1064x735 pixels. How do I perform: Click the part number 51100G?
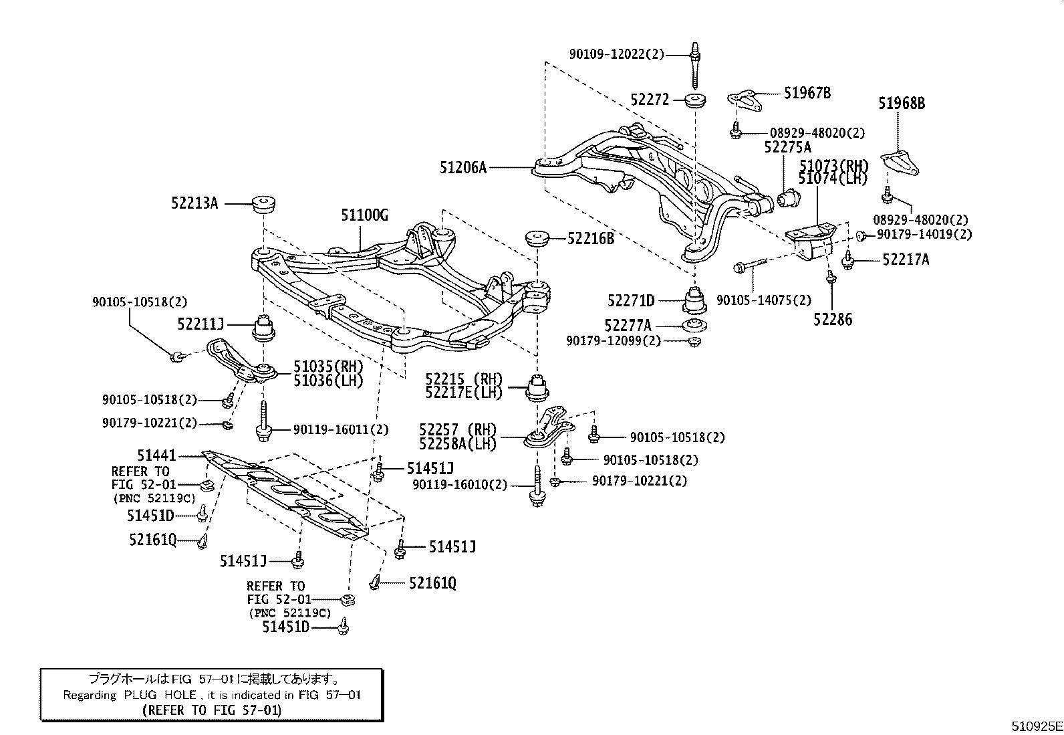[x=365, y=215]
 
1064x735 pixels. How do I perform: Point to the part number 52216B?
[x=591, y=237]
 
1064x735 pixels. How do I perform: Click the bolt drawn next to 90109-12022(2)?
[x=695, y=67]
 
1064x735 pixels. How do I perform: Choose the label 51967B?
[x=807, y=94]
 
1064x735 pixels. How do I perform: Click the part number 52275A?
[x=787, y=147]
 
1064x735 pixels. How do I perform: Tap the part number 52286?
[x=833, y=320]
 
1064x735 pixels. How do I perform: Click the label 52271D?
[x=631, y=301]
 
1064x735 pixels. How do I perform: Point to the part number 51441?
[x=156, y=455]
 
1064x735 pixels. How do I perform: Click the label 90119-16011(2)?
[x=341, y=430]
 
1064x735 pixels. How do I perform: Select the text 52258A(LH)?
[x=457, y=443]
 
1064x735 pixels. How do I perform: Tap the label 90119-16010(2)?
[x=460, y=485]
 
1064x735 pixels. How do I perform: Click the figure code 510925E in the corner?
[x=1036, y=726]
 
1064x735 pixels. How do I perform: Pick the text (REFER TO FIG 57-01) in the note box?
[x=212, y=710]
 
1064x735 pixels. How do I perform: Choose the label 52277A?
[x=628, y=326]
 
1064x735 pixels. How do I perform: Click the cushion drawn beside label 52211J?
[x=265, y=326]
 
